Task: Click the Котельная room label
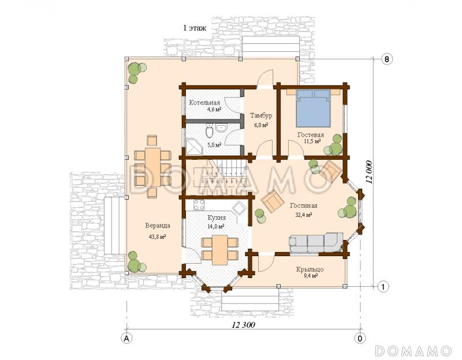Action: click(x=204, y=103)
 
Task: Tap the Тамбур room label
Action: click(x=261, y=115)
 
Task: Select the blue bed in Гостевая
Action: click(x=313, y=108)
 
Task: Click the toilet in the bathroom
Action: click(x=210, y=131)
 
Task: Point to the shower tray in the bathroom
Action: click(x=194, y=147)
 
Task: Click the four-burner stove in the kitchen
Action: click(x=199, y=205)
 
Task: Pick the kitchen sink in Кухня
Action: click(x=238, y=208)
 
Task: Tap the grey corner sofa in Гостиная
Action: click(x=316, y=243)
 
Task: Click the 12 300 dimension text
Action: click(x=243, y=325)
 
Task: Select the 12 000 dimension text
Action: click(x=369, y=172)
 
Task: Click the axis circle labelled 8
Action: click(x=386, y=59)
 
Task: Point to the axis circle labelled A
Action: click(x=127, y=338)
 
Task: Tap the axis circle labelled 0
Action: click(x=360, y=338)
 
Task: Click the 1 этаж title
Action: click(x=195, y=28)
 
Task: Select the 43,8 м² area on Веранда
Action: click(x=157, y=237)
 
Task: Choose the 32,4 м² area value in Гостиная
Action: click(x=304, y=215)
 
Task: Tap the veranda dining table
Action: click(x=153, y=167)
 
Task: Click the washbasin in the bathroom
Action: click(x=221, y=128)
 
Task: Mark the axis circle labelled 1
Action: click(x=383, y=286)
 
